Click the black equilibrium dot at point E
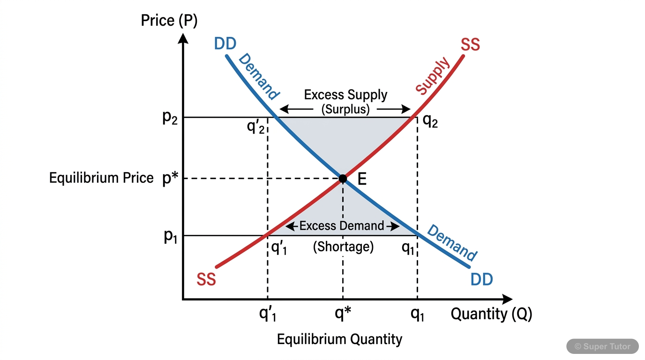(343, 179)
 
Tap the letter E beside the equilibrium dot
(361, 179)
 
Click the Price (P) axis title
(169, 21)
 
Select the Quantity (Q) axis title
(491, 314)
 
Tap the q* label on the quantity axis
(343, 314)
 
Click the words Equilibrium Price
(101, 178)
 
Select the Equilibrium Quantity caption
(339, 339)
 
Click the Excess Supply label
(345, 95)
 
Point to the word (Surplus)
(345, 110)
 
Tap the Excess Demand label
(342, 226)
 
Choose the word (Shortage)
(343, 247)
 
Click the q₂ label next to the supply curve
(430, 121)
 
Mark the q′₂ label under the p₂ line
(256, 127)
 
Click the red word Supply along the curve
(433, 76)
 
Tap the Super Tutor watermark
(602, 346)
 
